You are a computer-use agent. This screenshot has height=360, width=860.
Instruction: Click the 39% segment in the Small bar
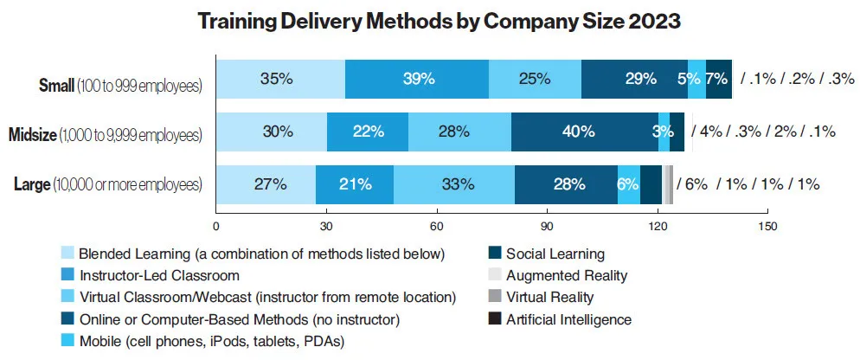click(417, 79)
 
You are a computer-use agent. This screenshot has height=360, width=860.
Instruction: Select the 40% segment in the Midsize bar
click(578, 132)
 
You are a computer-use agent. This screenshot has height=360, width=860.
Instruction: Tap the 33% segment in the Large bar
click(454, 184)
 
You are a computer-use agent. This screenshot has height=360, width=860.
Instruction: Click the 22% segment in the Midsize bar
click(368, 132)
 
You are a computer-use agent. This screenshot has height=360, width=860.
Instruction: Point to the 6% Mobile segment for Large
click(629, 184)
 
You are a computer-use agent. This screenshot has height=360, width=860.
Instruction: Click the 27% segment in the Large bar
click(265, 184)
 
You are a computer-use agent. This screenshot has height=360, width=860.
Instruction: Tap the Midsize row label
click(105, 135)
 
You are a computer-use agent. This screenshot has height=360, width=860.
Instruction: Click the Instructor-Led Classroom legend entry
click(158, 276)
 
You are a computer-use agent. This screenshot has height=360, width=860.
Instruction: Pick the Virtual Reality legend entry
click(549, 298)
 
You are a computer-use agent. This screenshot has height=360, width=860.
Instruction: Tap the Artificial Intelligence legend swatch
click(495, 319)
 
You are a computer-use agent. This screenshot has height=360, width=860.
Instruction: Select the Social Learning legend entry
click(555, 254)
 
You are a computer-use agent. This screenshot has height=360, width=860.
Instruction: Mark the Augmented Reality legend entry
click(566, 276)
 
